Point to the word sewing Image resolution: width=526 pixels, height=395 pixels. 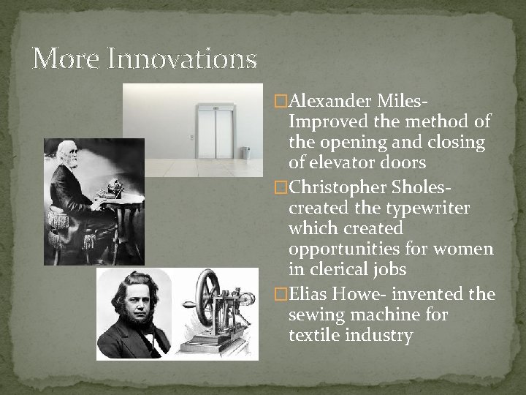click(315, 315)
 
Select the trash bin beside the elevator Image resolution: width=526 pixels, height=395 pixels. click(245, 153)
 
